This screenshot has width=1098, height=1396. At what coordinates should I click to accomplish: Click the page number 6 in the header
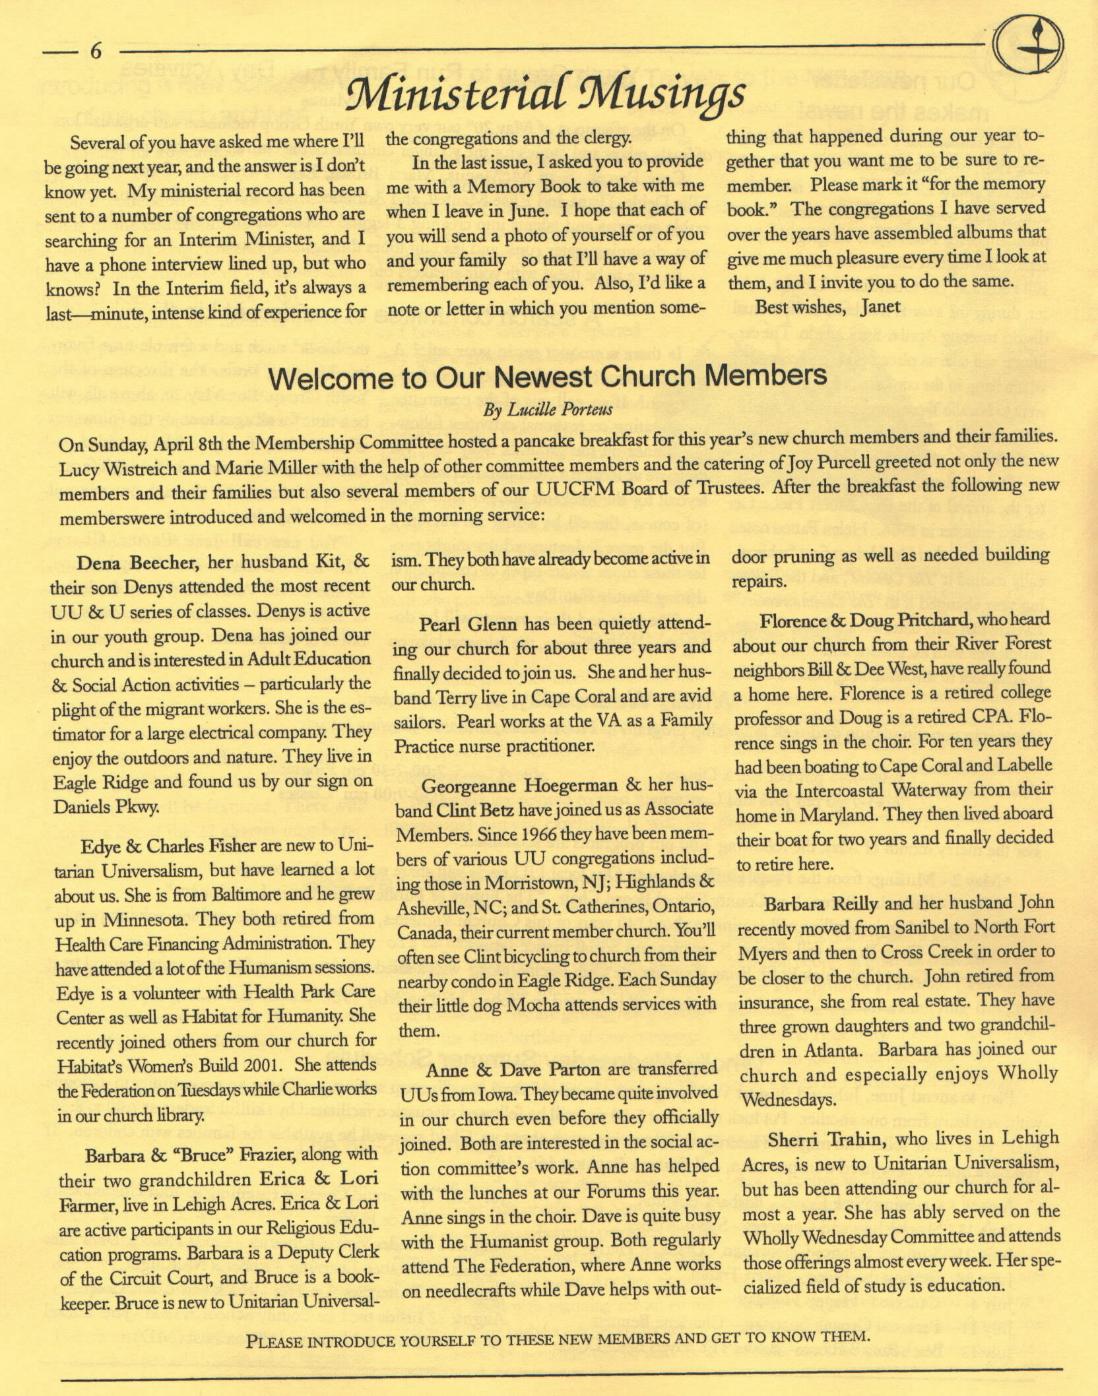pyautogui.click(x=96, y=51)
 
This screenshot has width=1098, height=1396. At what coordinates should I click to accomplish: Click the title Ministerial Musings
pyautogui.click(x=548, y=95)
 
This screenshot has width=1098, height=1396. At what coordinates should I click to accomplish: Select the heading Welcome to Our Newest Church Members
pyautogui.click(x=547, y=376)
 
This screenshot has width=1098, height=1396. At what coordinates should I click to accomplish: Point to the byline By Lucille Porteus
pyautogui.click(x=548, y=410)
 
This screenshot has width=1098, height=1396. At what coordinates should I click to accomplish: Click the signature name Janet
pyautogui.click(x=880, y=307)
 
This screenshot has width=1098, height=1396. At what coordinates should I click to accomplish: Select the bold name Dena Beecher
pyautogui.click(x=137, y=562)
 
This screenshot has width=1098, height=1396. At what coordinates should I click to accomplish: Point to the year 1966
pyautogui.click(x=527, y=835)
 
